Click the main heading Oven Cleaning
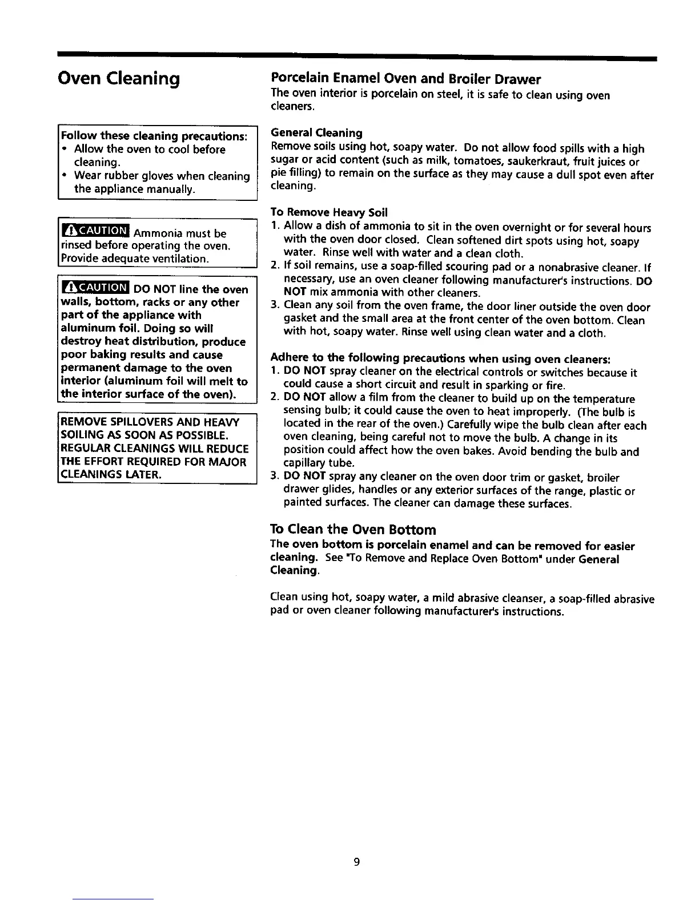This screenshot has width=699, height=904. [119, 78]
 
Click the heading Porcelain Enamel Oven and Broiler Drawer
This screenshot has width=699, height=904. [405, 79]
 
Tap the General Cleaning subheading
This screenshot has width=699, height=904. [316, 133]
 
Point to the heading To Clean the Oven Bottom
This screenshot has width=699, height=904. [353, 529]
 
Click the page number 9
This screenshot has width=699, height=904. [356, 862]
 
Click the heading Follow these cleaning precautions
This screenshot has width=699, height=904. [154, 136]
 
